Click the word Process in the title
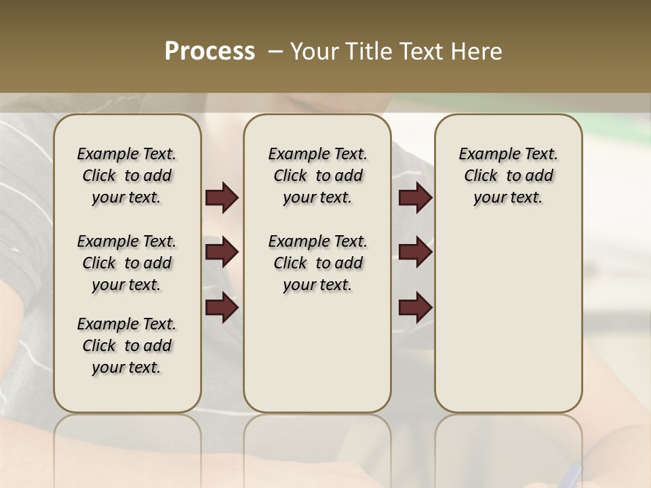pyautogui.click(x=210, y=52)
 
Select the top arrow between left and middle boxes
pyautogui.click(x=222, y=198)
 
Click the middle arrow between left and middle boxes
pyautogui.click(x=222, y=253)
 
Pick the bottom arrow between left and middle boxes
pyautogui.click(x=222, y=308)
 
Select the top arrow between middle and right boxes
pyautogui.click(x=415, y=198)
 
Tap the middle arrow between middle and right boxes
pyautogui.click(x=415, y=253)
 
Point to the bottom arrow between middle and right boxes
pyautogui.click(x=415, y=308)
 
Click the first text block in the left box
pyautogui.click(x=127, y=176)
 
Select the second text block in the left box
pyautogui.click(x=127, y=263)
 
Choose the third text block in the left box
pyautogui.click(x=127, y=346)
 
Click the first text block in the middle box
pyautogui.click(x=318, y=176)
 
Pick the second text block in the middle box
pyautogui.click(x=318, y=263)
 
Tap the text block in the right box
pyautogui.click(x=509, y=176)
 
